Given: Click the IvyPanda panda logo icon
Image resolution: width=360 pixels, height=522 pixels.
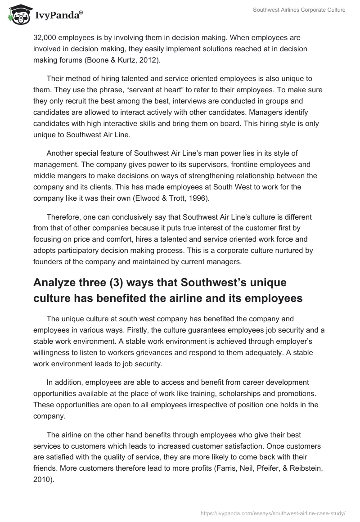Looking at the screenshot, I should (x=17, y=15).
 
